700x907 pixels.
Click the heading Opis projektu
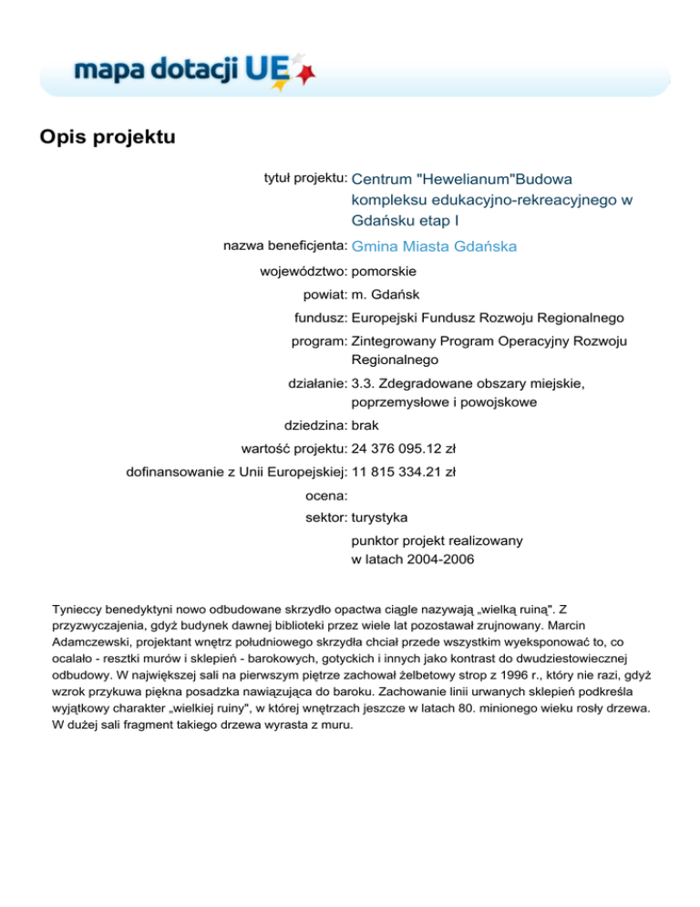[x=107, y=138]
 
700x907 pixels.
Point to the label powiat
[x=324, y=295]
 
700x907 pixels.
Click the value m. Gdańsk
[x=386, y=295]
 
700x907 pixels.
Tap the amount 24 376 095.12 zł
[x=404, y=448]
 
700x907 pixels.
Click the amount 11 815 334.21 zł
[x=404, y=471]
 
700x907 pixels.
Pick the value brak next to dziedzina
[x=365, y=424]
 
